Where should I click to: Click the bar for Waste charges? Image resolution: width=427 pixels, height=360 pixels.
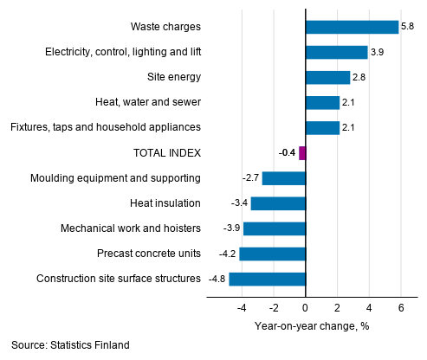tap(352, 27)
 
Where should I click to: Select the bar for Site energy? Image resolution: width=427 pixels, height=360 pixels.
tap(327, 78)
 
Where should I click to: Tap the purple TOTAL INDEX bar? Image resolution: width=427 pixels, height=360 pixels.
tap(302, 153)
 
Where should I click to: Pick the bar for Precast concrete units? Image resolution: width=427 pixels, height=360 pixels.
tap(272, 254)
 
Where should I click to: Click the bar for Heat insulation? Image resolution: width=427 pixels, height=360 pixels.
tap(278, 203)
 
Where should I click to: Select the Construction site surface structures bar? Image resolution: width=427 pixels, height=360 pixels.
tap(267, 279)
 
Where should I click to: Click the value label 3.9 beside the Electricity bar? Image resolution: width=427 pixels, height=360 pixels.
tap(378, 53)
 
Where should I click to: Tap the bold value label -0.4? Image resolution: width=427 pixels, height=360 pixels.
tap(287, 153)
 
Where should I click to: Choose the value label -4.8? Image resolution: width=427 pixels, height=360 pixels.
tap(217, 279)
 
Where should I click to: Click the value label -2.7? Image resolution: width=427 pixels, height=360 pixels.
tap(251, 178)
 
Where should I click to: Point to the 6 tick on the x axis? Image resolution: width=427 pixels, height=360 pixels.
tap(401, 308)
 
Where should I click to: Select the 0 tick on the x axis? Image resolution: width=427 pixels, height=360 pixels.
tap(305, 308)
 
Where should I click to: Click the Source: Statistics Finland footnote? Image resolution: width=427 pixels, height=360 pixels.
tap(71, 345)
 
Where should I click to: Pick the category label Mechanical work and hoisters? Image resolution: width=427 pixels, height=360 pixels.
tap(131, 228)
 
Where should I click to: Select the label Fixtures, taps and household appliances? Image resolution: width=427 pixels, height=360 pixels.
tap(106, 128)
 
